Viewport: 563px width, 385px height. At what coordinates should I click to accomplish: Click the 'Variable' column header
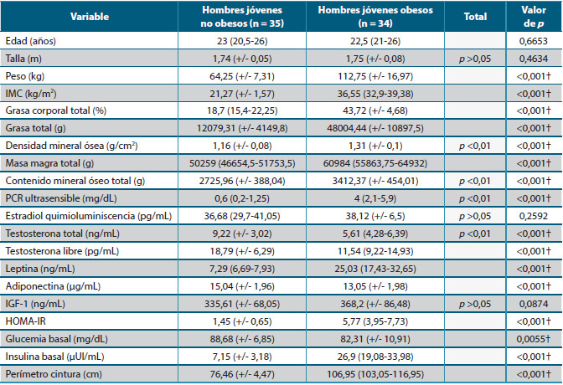(87, 16)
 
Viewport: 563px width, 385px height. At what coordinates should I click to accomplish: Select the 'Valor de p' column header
(535, 16)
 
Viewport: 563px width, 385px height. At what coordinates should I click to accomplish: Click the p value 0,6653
(535, 39)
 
